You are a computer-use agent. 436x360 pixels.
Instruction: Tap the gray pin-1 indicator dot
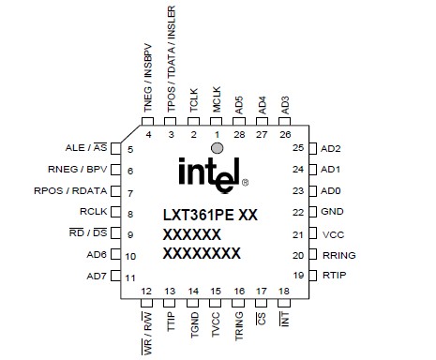tap(217, 148)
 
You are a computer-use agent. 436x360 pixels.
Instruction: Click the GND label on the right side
tap(332, 213)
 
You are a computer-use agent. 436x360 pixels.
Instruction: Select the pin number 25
tap(298, 149)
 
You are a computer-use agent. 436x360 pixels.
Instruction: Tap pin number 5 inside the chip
tap(130, 150)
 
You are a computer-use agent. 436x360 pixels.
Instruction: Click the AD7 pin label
tap(97, 277)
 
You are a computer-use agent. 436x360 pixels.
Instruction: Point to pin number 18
tap(284, 292)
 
